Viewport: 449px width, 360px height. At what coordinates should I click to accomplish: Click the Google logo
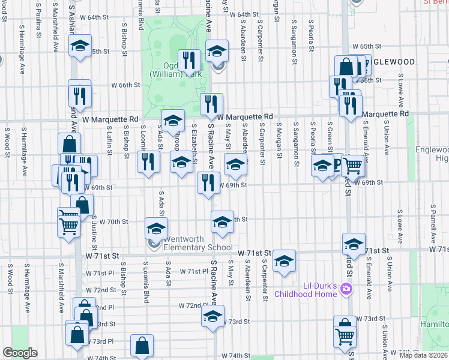coord(20,353)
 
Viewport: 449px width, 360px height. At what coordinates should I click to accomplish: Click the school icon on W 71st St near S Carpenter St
coord(284,260)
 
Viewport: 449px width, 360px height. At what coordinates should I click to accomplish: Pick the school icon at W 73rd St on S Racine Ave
coord(212,316)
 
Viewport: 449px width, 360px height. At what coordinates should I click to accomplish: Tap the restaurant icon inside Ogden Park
coord(190,59)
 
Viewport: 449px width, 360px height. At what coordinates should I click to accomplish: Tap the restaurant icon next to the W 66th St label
coord(79,95)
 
